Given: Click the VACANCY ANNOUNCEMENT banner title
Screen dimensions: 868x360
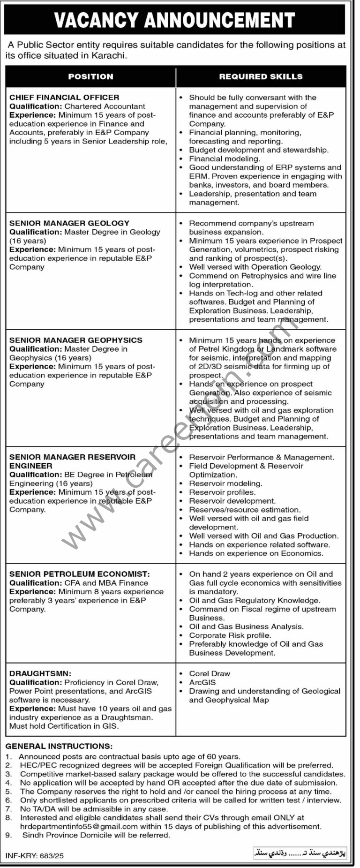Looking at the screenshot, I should (174, 20).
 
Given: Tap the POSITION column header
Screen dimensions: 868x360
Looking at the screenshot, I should (90, 76).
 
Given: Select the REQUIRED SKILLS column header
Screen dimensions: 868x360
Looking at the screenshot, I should (261, 76).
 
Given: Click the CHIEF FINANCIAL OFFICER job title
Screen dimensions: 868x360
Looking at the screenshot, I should (64, 98).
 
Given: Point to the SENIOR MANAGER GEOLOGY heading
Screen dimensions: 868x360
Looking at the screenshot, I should (69, 223).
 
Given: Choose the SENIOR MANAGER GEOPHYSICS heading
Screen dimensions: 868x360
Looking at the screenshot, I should (76, 340).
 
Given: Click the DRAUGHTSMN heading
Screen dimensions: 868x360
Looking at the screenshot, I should (40, 673).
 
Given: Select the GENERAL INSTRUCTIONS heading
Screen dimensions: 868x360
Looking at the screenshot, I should (59, 746).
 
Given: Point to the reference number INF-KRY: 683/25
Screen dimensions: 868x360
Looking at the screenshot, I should (35, 856).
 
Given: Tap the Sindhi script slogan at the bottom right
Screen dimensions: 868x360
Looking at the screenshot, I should (300, 853).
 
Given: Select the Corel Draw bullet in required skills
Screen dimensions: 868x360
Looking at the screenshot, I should (210, 673).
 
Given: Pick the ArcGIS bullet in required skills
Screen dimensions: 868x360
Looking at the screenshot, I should (202, 682).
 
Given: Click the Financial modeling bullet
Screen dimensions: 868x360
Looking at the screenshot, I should (224, 159).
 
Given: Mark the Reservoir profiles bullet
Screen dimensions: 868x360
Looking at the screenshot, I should (222, 492).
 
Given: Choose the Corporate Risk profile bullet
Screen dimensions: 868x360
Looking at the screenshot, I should (230, 635).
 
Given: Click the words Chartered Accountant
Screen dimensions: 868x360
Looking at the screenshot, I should (105, 106).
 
